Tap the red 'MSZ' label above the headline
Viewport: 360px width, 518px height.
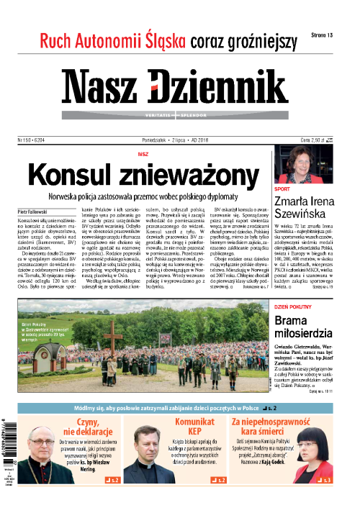pos(143,154)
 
